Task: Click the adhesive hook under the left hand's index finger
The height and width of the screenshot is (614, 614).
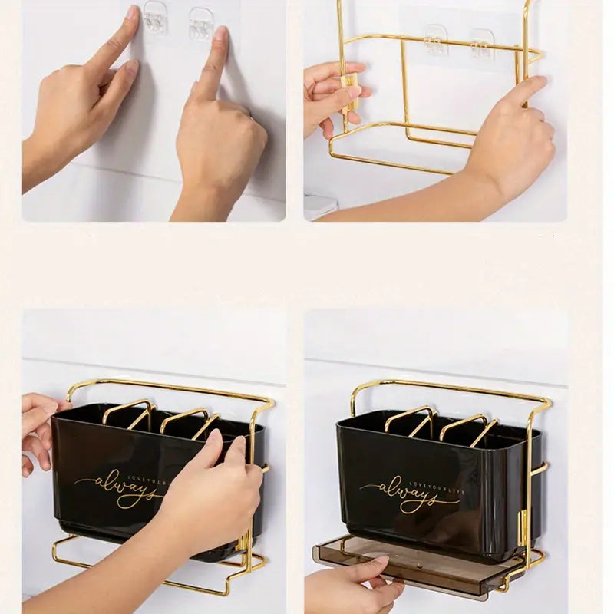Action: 156,22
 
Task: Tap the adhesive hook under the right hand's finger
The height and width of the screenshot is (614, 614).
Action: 202,25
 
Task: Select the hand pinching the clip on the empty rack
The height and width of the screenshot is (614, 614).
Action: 330,96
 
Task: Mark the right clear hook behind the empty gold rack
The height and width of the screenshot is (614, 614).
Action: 482,44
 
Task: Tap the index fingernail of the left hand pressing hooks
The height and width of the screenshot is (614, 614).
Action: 131,14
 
